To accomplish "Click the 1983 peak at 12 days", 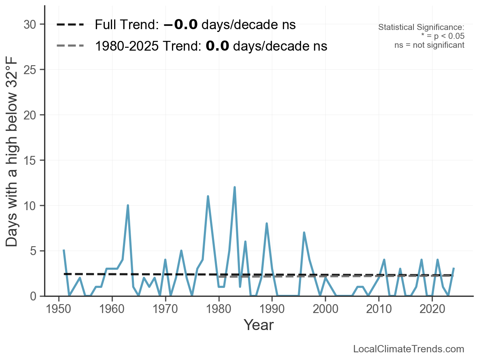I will [235, 187].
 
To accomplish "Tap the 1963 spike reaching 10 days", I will [128, 205].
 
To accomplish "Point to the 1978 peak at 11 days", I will [208, 196].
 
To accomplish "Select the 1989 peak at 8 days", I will [267, 224].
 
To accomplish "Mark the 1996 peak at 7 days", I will [304, 232].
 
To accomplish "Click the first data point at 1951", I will [64, 251].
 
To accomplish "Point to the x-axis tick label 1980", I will [219, 308].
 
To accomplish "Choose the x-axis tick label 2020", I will [432, 308].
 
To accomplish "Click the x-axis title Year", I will [259, 325].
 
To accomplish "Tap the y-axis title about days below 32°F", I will [13, 160].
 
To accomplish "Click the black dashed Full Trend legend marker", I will [70, 25].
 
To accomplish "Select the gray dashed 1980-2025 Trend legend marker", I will [70, 46].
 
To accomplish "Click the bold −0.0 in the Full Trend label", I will [180, 25].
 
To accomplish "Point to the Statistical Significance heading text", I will [421, 28].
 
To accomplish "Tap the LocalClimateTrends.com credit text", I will [409, 349].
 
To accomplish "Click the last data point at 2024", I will [454, 269].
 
